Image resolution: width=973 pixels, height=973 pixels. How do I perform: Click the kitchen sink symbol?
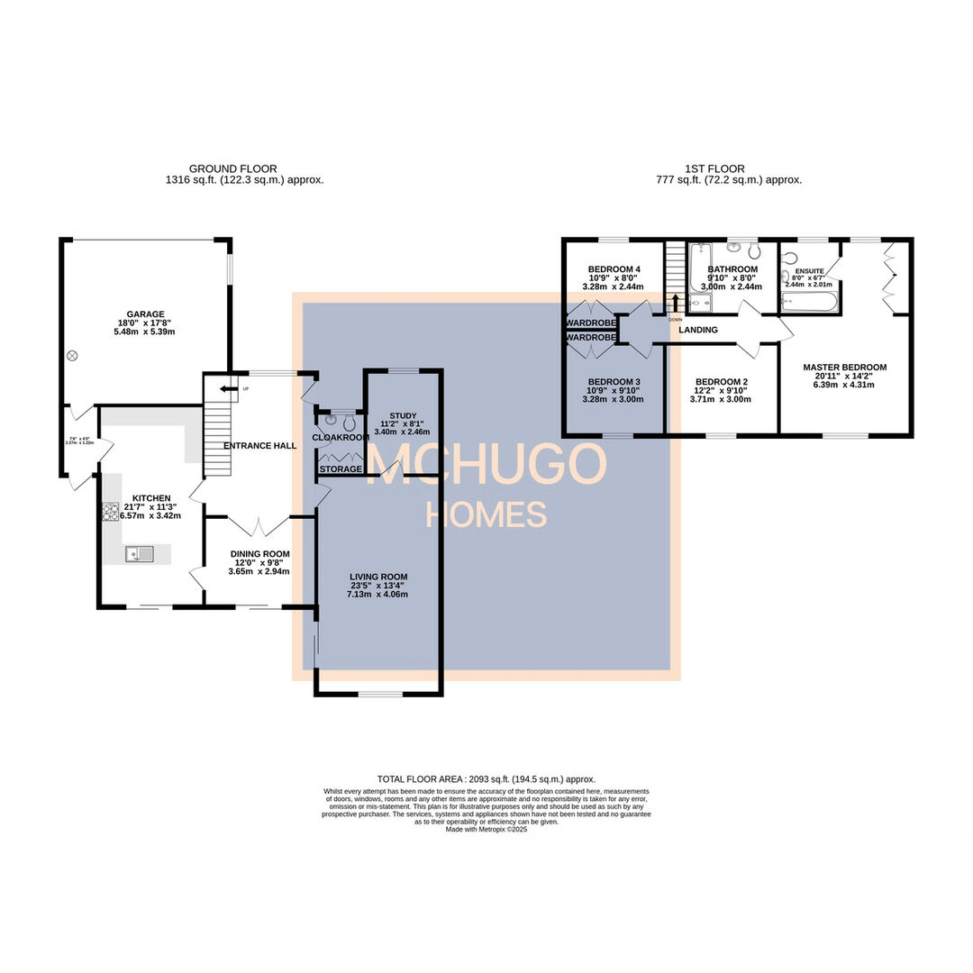pyautogui.click(x=141, y=553)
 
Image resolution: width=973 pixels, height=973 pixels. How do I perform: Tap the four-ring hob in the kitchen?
pyautogui.click(x=111, y=513)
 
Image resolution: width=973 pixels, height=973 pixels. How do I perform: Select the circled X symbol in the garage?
pyautogui.click(x=72, y=356)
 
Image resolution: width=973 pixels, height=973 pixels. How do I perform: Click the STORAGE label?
pyautogui.click(x=341, y=469)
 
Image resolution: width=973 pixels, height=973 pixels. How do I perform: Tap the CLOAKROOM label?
pyautogui.click(x=341, y=438)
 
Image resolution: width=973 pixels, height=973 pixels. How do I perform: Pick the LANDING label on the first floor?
pyautogui.click(x=698, y=330)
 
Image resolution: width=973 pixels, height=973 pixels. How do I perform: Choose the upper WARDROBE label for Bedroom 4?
pyautogui.click(x=590, y=322)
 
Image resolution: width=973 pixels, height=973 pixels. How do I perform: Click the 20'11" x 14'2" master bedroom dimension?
pyautogui.click(x=845, y=378)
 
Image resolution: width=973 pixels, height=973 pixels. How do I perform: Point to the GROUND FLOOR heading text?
pyautogui.click(x=232, y=168)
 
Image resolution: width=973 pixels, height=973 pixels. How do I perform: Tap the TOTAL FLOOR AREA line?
pyautogui.click(x=486, y=779)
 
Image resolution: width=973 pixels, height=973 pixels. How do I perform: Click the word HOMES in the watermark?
pyautogui.click(x=486, y=514)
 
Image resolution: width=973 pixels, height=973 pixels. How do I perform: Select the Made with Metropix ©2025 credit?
pyautogui.click(x=486, y=829)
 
